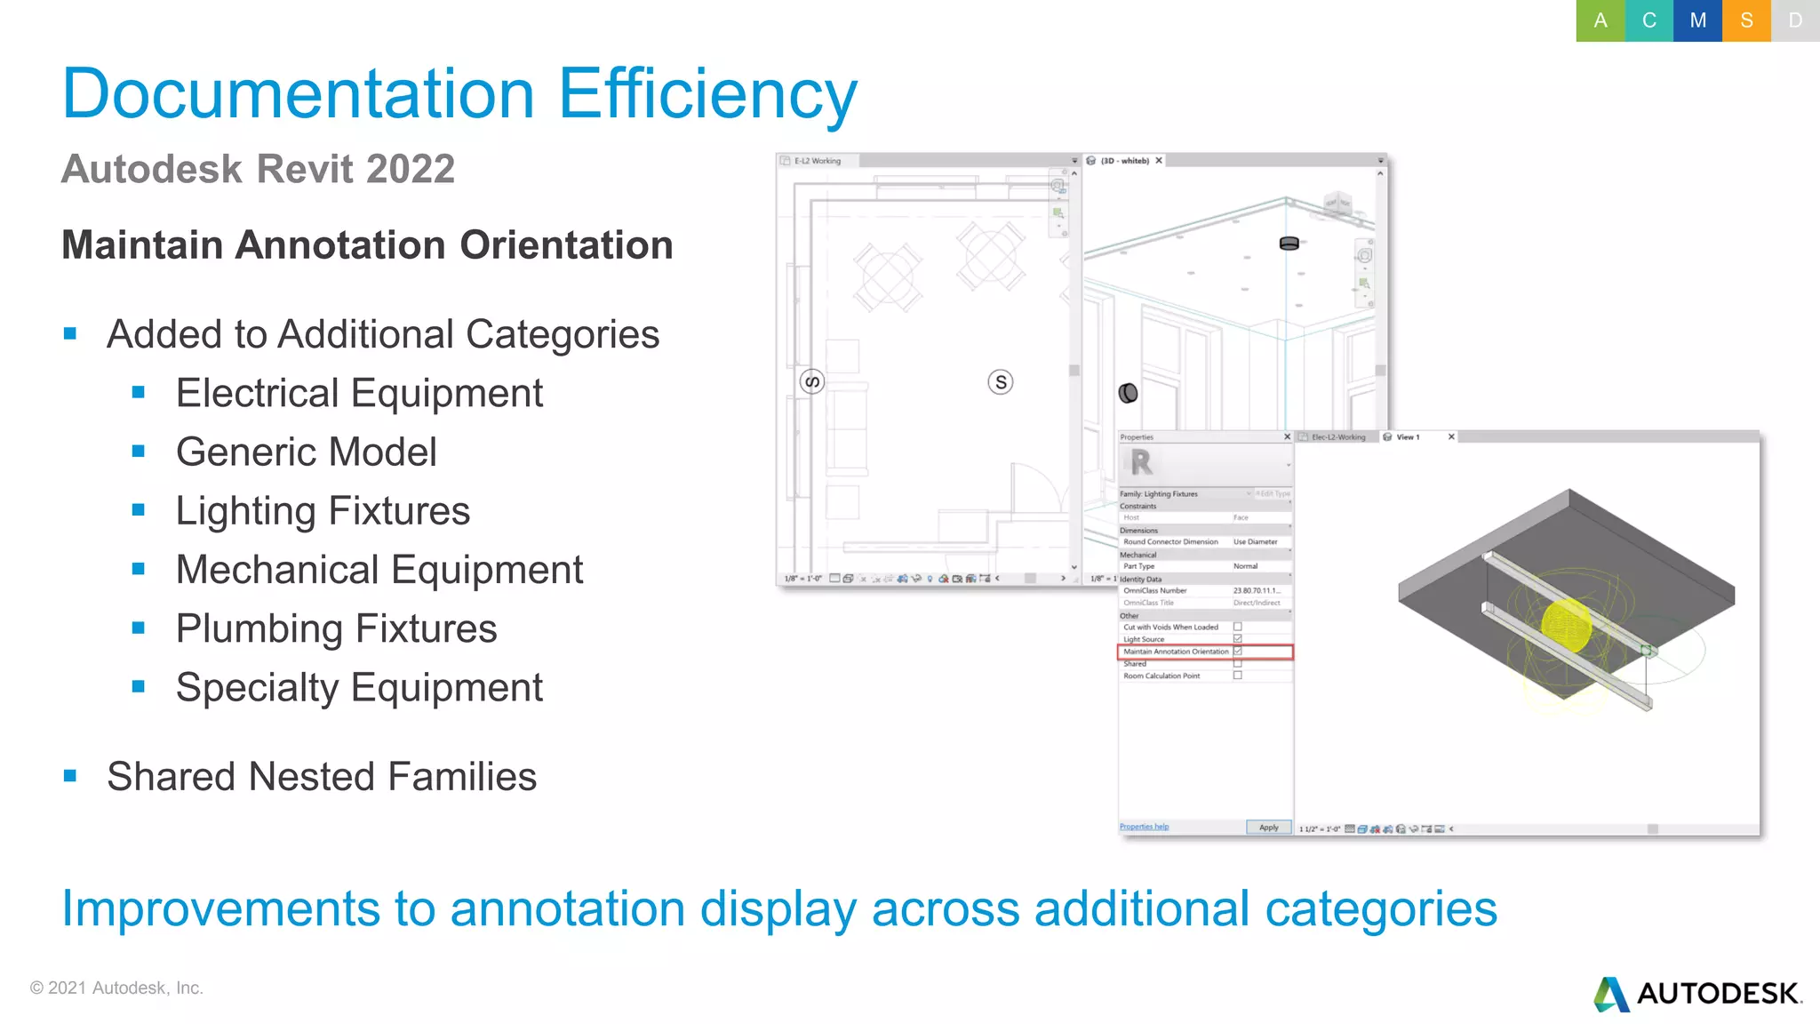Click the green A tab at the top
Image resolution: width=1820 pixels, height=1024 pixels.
pyautogui.click(x=1600, y=20)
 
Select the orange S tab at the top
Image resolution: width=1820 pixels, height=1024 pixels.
pyautogui.click(x=1746, y=20)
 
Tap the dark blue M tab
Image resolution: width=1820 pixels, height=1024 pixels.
pyautogui.click(x=1697, y=20)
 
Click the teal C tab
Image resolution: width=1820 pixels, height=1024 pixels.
pyautogui.click(x=1648, y=20)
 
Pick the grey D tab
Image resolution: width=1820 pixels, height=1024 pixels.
pyautogui.click(x=1795, y=20)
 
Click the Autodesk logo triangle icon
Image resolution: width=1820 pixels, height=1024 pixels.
pyautogui.click(x=1611, y=995)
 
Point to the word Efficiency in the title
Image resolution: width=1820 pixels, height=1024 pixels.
pyautogui.click(x=707, y=93)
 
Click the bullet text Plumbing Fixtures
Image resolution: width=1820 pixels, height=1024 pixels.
pyautogui.click(x=336, y=628)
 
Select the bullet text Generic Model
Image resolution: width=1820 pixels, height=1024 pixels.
pyautogui.click(x=306, y=452)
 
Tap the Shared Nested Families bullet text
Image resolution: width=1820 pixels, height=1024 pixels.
pyautogui.click(x=322, y=776)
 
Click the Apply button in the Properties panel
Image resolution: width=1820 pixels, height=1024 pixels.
pyautogui.click(x=1268, y=828)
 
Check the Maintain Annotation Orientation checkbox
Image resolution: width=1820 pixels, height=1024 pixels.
pyautogui.click(x=1237, y=652)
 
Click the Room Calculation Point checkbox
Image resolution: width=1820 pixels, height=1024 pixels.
pyautogui.click(x=1237, y=676)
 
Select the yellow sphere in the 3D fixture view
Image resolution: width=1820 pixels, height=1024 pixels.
pyautogui.click(x=1566, y=624)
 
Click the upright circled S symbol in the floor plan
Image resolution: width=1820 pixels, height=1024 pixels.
pyautogui.click(x=1001, y=382)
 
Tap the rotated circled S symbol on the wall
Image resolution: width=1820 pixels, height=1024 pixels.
pyautogui.click(x=812, y=382)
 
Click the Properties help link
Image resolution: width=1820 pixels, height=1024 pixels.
pyautogui.click(x=1144, y=827)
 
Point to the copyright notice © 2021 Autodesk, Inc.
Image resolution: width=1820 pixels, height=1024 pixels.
pyautogui.click(x=116, y=988)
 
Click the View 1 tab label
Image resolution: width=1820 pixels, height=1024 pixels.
pyautogui.click(x=1408, y=437)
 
